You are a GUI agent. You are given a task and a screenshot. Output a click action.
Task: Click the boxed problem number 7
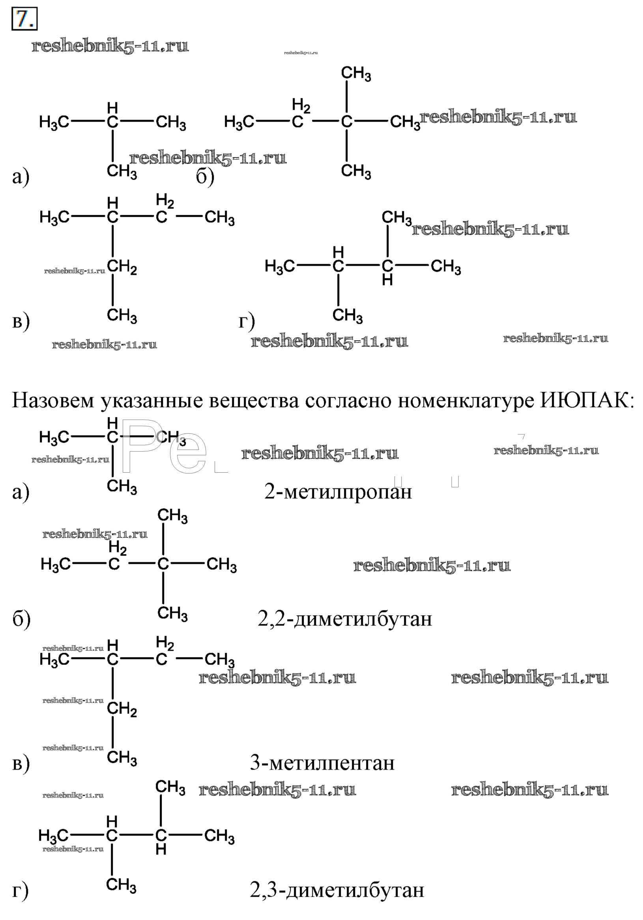24,19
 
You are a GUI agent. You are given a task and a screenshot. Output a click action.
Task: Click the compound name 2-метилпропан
338,492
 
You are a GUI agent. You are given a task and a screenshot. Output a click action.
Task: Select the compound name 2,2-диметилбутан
344,619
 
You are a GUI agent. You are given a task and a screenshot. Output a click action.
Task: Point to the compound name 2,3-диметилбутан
336,890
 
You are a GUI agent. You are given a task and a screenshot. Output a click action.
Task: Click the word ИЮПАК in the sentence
587,400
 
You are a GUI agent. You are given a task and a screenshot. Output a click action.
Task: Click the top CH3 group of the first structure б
355,74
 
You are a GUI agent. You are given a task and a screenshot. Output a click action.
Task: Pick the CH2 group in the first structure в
122,267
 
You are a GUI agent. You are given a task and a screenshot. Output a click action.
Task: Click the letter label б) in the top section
205,177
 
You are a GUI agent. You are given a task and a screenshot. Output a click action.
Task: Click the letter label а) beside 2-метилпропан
21,492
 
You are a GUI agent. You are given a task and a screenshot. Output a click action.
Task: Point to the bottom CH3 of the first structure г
347,316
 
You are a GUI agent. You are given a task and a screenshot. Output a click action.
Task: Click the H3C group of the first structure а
54,122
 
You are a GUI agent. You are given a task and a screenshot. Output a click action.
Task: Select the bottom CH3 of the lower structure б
172,614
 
